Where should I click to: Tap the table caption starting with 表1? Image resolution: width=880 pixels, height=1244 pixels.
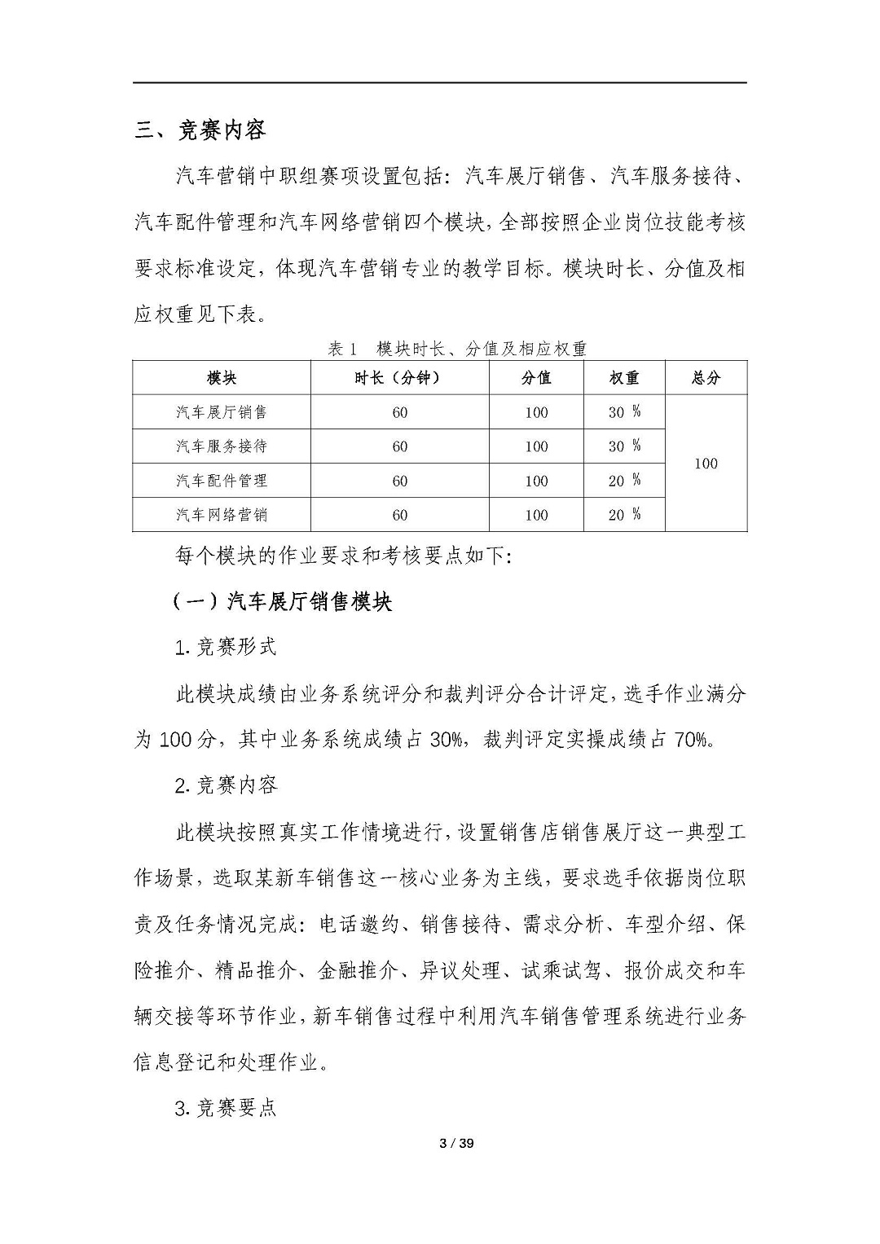[456, 349]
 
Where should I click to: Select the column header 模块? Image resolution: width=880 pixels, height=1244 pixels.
[222, 378]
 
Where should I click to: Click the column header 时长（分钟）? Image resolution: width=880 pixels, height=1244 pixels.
[399, 378]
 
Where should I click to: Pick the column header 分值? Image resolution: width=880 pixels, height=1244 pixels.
[536, 378]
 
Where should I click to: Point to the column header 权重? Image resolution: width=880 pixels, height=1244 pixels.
[624, 378]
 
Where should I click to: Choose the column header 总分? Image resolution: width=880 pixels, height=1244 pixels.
[706, 378]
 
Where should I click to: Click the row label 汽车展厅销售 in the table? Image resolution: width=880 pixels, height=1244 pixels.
[222, 412]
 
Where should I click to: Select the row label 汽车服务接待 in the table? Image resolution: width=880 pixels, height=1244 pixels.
[222, 446]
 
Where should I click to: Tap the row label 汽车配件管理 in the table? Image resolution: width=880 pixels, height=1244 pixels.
[222, 481]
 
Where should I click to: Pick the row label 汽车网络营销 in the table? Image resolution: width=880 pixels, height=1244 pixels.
[222, 515]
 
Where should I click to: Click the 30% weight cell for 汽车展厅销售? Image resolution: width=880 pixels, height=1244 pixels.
[624, 412]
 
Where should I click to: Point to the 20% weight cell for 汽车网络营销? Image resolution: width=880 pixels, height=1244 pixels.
[624, 515]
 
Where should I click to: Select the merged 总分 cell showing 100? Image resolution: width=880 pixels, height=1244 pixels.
[706, 464]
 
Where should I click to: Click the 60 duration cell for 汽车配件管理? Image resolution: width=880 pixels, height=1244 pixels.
[399, 481]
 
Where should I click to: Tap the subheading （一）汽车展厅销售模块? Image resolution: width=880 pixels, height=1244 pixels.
[282, 602]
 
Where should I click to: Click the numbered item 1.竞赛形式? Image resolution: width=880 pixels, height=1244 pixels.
[226, 647]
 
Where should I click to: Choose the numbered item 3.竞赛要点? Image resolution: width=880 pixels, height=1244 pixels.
[226, 1108]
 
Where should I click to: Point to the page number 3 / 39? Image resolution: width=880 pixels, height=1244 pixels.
[456, 1143]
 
